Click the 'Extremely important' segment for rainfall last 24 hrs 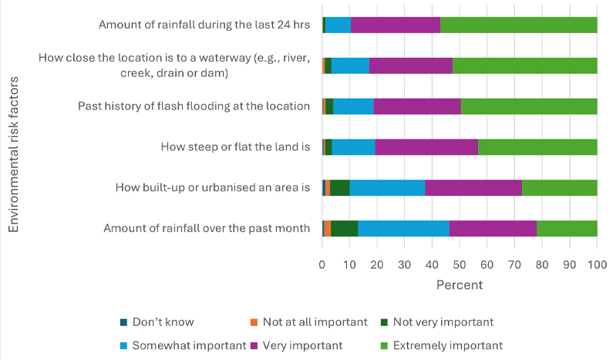pyautogui.click(x=518, y=25)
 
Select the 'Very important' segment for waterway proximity pyautogui.click(x=411, y=66)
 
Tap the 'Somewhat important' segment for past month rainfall pyautogui.click(x=403, y=228)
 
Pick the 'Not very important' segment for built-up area pyautogui.click(x=339, y=187)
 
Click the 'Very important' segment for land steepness pyautogui.click(x=426, y=146)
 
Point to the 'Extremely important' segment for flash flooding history pyautogui.click(x=529, y=106)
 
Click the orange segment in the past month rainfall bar pyautogui.click(x=327, y=228)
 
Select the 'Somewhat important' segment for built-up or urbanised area pyautogui.click(x=387, y=187)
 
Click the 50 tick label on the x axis pyautogui.click(x=460, y=264)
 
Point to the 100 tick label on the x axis pyautogui.click(x=597, y=264)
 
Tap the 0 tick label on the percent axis pyautogui.click(x=322, y=264)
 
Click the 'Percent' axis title pyautogui.click(x=460, y=284)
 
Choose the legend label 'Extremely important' pyautogui.click(x=448, y=345)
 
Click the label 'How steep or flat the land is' pyautogui.click(x=234, y=146)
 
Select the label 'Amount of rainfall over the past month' pyautogui.click(x=206, y=228)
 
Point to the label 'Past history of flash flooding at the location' pyautogui.click(x=194, y=106)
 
